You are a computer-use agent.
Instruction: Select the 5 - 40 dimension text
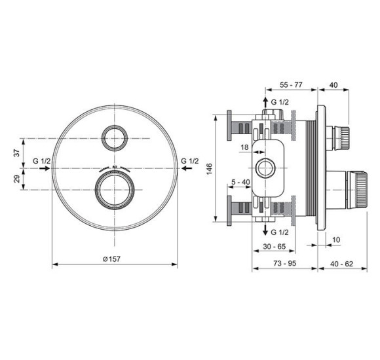(x=240, y=183)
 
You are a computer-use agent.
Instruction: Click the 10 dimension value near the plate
(x=336, y=240)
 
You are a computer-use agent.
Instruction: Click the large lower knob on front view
(x=115, y=190)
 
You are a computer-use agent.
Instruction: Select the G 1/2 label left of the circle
(x=41, y=161)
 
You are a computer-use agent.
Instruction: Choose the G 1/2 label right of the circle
(x=189, y=161)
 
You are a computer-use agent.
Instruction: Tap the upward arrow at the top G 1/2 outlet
(x=265, y=101)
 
